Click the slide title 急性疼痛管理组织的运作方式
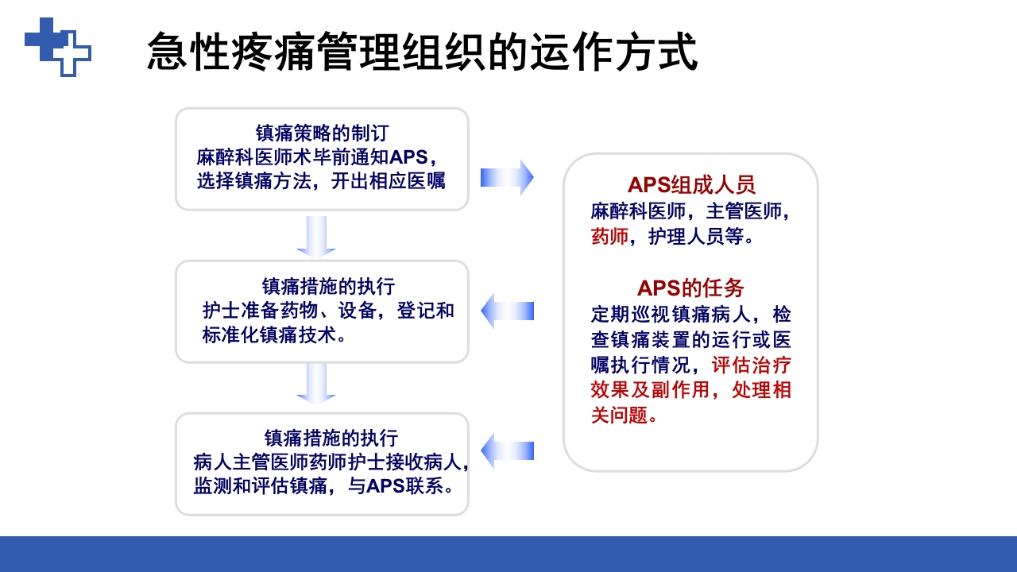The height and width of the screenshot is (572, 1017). tap(422, 52)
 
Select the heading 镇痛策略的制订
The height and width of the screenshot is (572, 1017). tap(322, 133)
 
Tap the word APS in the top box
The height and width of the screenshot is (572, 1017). tap(408, 157)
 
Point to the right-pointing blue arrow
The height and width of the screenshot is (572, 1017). tap(507, 177)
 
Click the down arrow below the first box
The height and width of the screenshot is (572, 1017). tap(316, 236)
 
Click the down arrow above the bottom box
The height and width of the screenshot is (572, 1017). tap(316, 383)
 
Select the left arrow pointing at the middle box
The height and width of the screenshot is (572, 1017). tap(507, 311)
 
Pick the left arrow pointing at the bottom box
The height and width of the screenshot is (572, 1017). tap(507, 451)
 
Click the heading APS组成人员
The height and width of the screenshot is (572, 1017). tap(690, 184)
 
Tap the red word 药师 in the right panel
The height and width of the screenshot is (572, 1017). tap(609, 237)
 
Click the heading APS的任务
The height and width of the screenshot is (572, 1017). tap(690, 288)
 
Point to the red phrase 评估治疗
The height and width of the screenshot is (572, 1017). tap(752, 365)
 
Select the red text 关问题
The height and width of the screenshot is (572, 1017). tap(620, 415)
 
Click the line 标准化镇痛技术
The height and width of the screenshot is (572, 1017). tap(274, 335)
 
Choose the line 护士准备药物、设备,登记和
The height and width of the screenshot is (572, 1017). tap(328, 311)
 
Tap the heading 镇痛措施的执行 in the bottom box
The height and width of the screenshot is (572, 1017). tap(331, 438)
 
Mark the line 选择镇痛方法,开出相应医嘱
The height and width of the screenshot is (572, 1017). tap(321, 180)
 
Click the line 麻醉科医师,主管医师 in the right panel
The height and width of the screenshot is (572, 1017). tap(689, 211)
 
